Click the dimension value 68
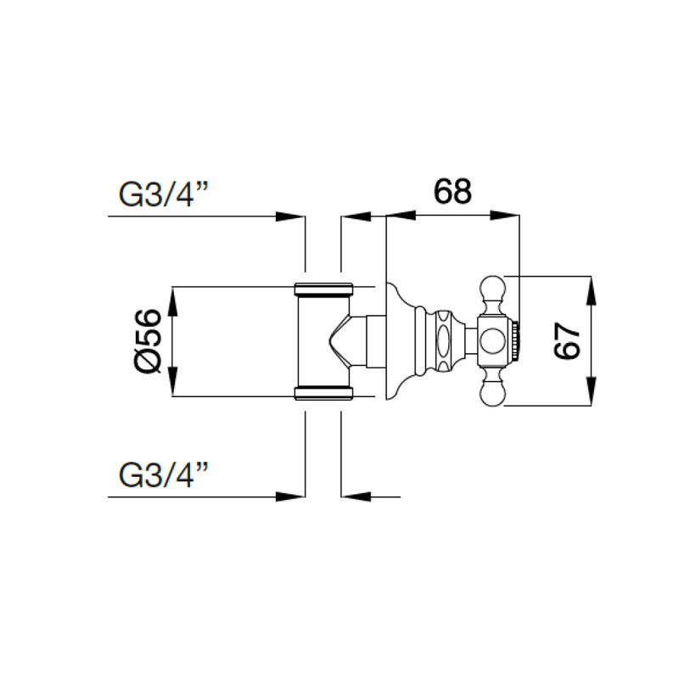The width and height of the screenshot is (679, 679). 452,192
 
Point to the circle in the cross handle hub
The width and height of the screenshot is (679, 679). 493,342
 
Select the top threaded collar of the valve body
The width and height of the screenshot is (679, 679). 323,288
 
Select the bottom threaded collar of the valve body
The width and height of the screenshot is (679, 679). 323,392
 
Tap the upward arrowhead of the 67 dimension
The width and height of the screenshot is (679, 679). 592,285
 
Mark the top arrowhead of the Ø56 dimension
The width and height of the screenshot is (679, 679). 173,298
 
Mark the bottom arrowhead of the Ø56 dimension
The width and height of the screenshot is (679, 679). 173,384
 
